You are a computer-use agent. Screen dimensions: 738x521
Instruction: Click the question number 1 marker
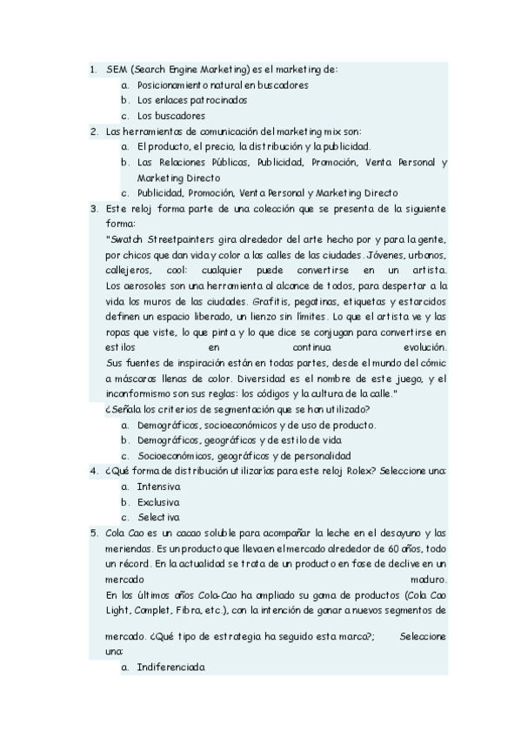pyautogui.click(x=93, y=68)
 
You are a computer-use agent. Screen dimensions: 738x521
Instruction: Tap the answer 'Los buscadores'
pyautogui.click(x=170, y=116)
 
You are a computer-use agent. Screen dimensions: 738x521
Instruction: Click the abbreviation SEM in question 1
pyautogui.click(x=117, y=68)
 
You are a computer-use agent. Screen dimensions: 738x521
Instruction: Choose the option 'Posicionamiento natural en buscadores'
pyautogui.click(x=222, y=84)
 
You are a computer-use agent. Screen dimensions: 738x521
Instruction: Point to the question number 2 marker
pyautogui.click(x=93, y=131)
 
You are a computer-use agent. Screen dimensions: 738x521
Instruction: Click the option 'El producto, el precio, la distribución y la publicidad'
pyautogui.click(x=253, y=146)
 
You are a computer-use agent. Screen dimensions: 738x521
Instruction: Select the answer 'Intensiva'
pyautogui.click(x=158, y=486)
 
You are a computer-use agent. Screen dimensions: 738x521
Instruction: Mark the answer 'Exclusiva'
pyautogui.click(x=158, y=502)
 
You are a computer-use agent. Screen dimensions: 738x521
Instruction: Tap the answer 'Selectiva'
pyautogui.click(x=157, y=518)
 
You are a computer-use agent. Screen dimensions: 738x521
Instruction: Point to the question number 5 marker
pyautogui.click(x=93, y=533)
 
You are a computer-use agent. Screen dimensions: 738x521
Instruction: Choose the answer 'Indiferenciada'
pyautogui.click(x=170, y=668)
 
